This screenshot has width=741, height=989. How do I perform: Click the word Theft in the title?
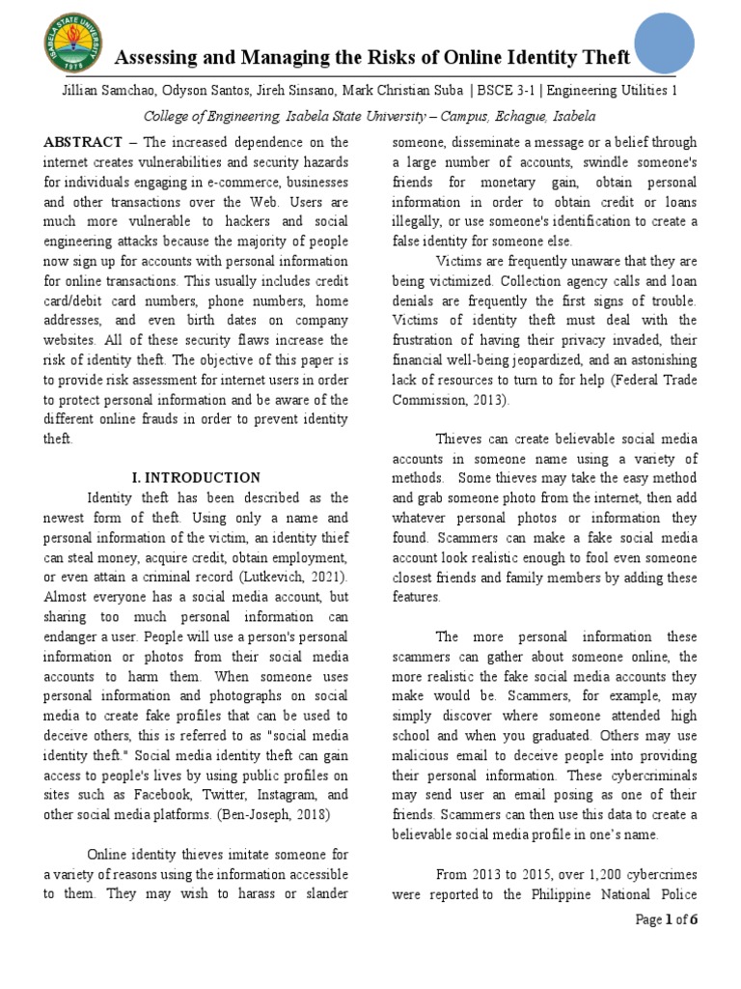point(601,58)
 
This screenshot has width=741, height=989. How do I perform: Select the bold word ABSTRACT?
point(83,141)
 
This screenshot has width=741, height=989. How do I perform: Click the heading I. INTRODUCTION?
point(195,477)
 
